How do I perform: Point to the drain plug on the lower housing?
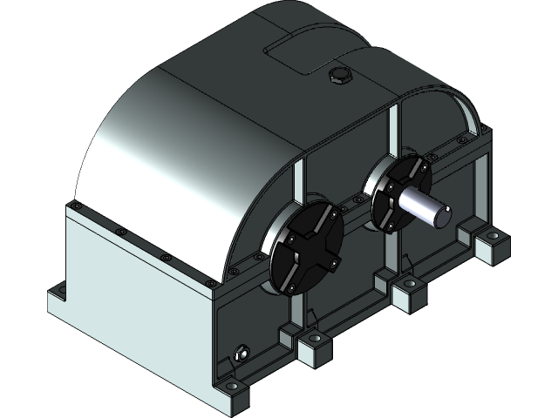[241, 354]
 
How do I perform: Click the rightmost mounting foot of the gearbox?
[493, 245]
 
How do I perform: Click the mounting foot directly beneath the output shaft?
[408, 294]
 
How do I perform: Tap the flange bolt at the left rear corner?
[77, 206]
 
